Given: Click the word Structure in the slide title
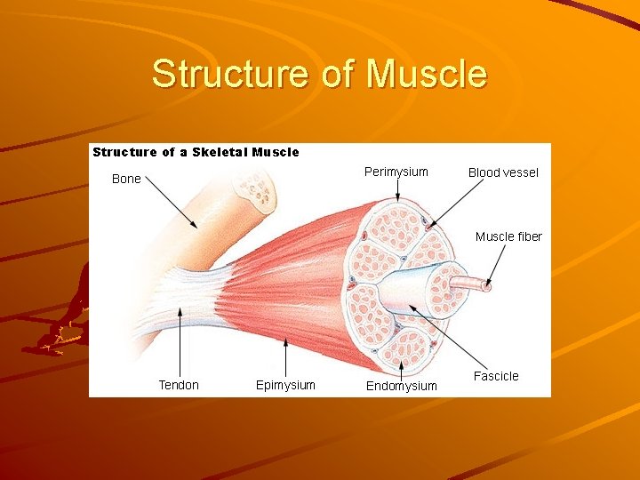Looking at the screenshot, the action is tap(230, 74).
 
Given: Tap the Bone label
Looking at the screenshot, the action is tap(126, 179).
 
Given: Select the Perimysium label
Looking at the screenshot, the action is tap(396, 172).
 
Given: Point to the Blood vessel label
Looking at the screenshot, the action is tap(503, 172).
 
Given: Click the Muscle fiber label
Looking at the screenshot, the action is tap(508, 236).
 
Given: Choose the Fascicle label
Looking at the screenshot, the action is tap(496, 376).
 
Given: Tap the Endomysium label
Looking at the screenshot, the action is tap(402, 386).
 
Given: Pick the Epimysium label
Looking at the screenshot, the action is tap(285, 385).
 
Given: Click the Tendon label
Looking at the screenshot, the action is tap(179, 385).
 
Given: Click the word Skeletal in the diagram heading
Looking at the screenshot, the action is tap(219, 152).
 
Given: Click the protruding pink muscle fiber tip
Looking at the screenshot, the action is tap(485, 285).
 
